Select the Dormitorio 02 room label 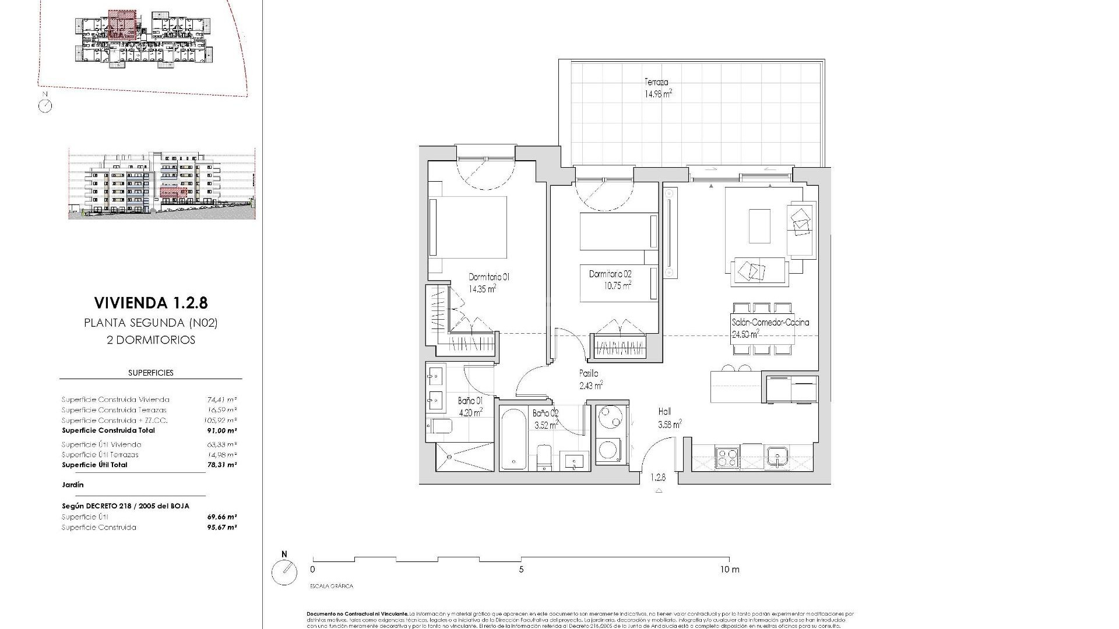610,279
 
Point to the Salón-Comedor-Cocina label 770,328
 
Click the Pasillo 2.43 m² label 590,379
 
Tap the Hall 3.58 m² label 669,418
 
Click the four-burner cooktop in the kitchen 727,456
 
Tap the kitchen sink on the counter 778,457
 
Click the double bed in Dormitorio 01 468,227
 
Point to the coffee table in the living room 759,226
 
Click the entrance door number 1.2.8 658,478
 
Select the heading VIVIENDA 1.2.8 150,303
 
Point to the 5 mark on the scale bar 521,570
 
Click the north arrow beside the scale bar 284,573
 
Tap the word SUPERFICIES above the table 150,373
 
